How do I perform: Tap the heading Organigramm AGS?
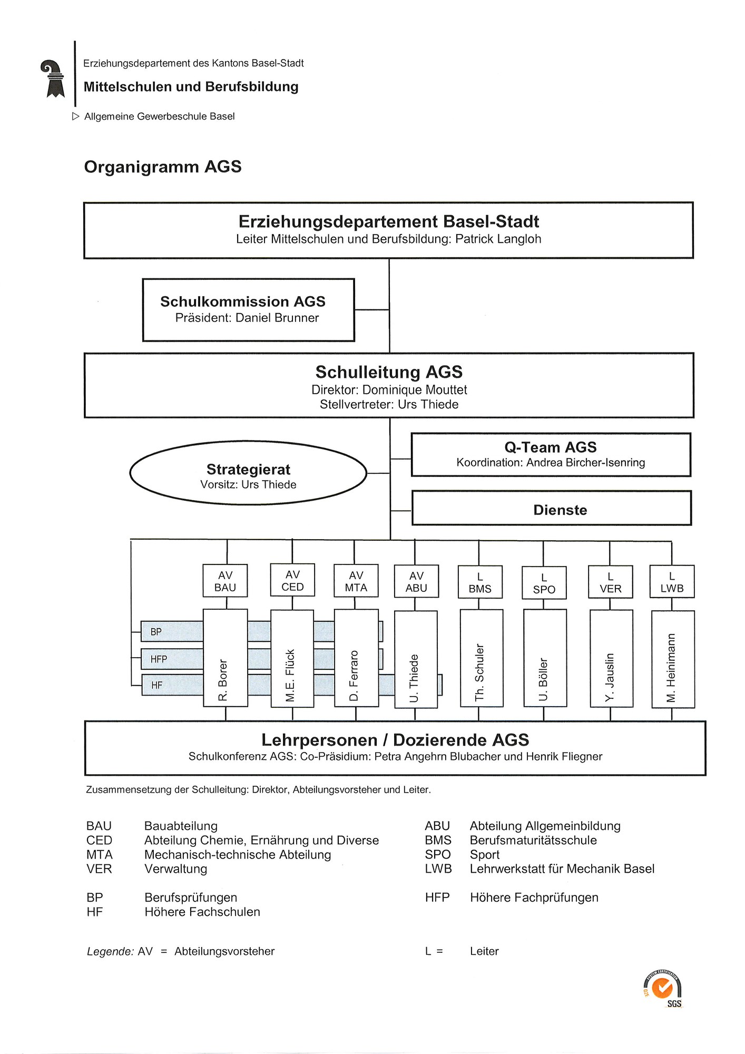[x=163, y=167]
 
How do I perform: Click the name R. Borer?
[x=223, y=680]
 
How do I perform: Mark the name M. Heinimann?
[x=671, y=668]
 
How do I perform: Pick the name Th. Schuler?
[x=479, y=672]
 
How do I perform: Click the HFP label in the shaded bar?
[x=159, y=659]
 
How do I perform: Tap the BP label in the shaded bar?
[x=156, y=632]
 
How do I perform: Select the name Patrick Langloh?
[x=498, y=239]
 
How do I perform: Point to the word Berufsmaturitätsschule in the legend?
[x=533, y=840]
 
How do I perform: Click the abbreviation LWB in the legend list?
[x=438, y=868]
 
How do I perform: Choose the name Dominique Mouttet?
[x=415, y=390]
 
